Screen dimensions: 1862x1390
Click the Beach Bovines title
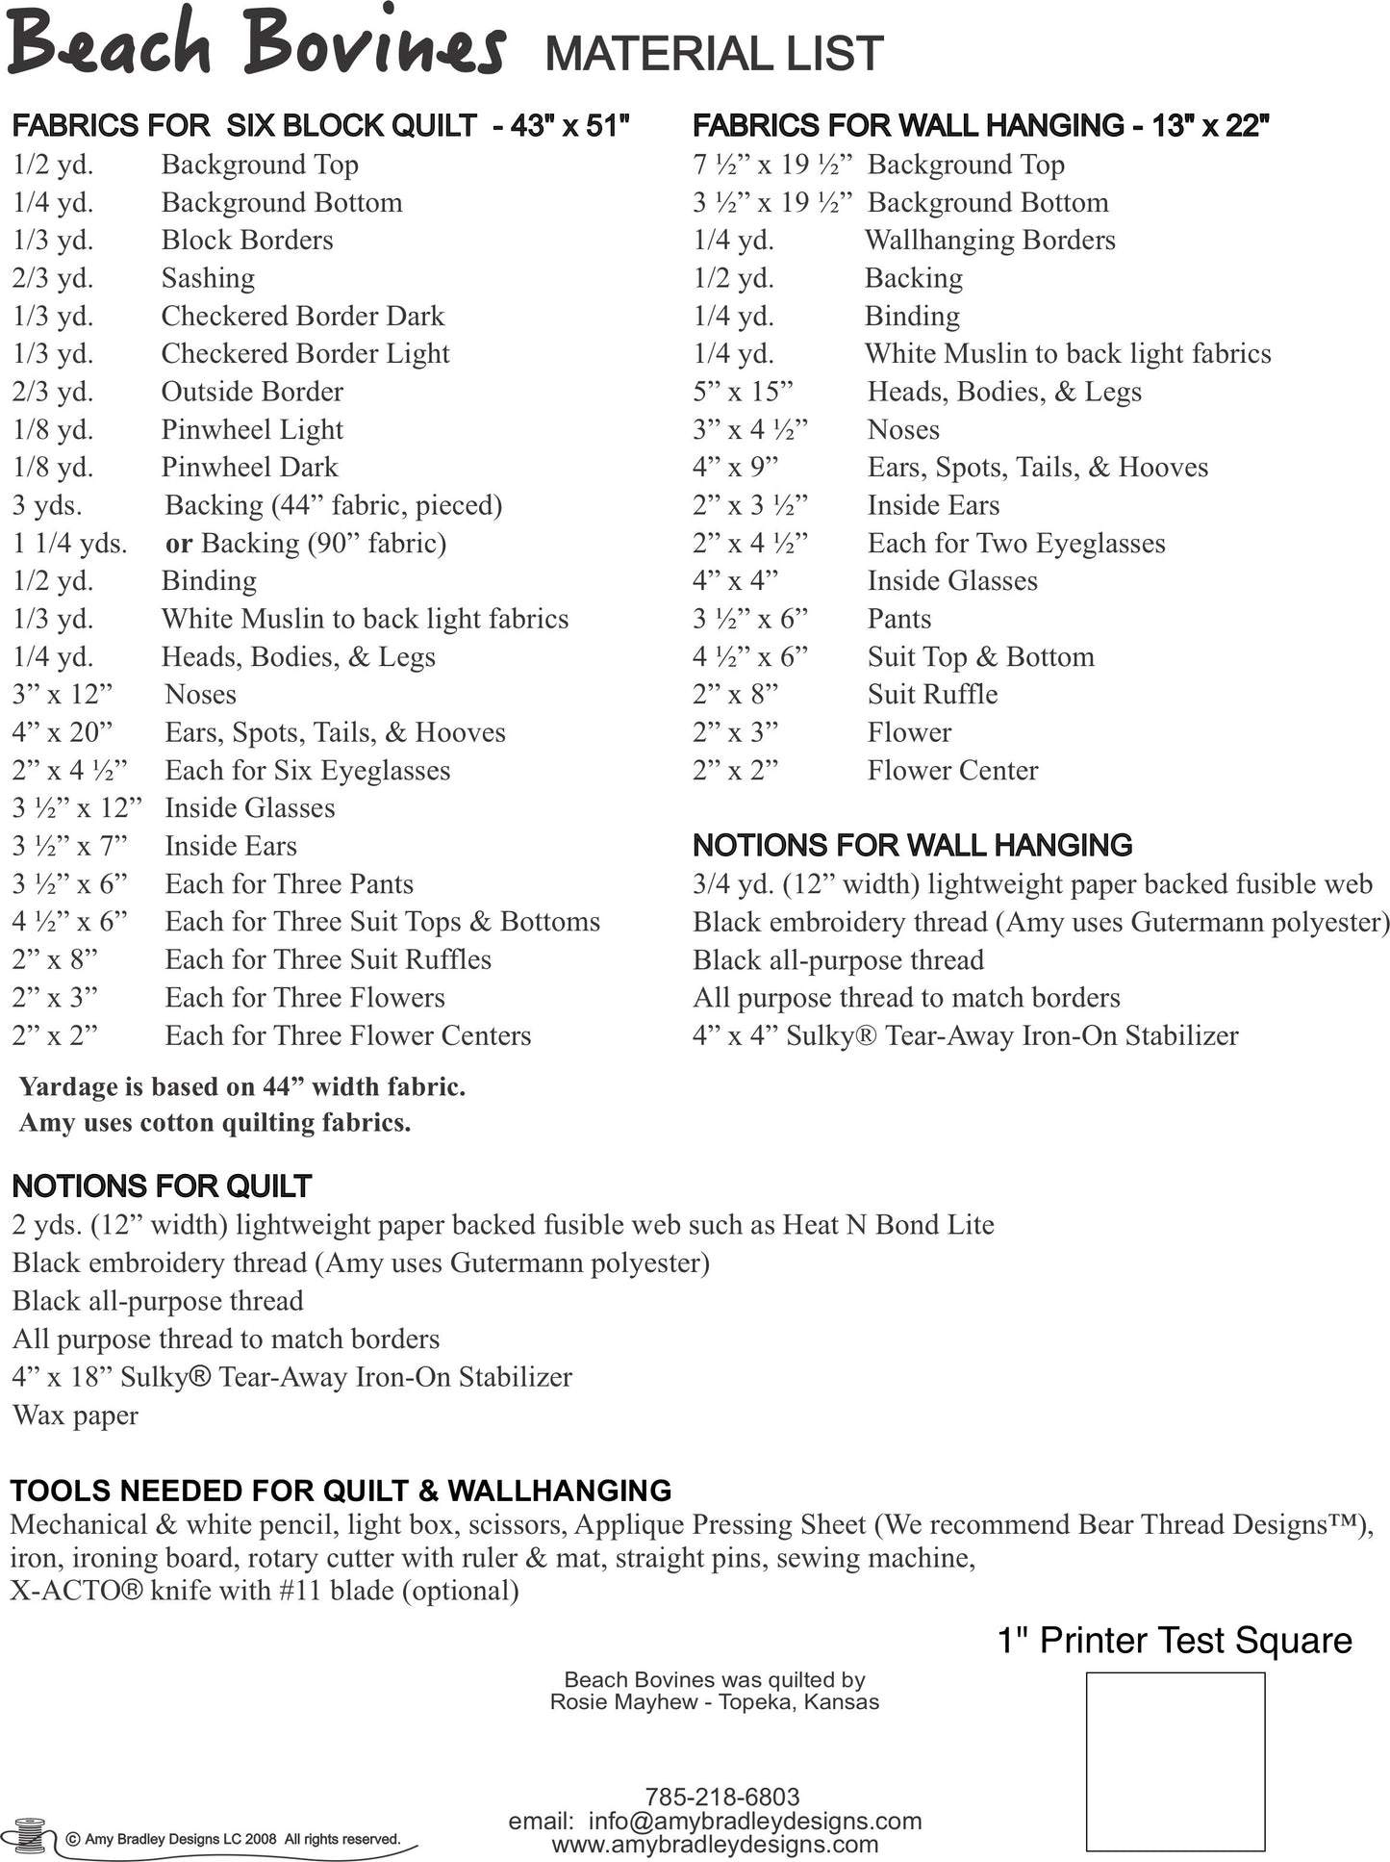[x=255, y=43]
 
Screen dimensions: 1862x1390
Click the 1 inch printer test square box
[x=1175, y=1761]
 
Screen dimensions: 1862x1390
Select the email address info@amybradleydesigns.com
[x=754, y=1821]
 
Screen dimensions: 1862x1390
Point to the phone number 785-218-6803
[x=721, y=1796]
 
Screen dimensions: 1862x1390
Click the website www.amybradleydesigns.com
[x=715, y=1844]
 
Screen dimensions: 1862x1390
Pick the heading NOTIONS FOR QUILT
[x=162, y=1186]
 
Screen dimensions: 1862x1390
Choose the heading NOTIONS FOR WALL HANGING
[x=912, y=845]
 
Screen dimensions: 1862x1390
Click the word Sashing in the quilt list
[x=208, y=278]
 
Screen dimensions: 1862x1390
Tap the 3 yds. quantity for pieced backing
[x=47, y=505]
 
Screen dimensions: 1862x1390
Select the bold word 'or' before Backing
[x=179, y=544]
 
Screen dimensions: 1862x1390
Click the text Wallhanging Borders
[x=990, y=240]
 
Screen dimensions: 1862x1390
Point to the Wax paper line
[x=75, y=1416]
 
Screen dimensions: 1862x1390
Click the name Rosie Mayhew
[x=622, y=1701]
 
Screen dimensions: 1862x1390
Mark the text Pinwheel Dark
[x=249, y=468]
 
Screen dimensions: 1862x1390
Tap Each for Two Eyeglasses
[x=1016, y=544]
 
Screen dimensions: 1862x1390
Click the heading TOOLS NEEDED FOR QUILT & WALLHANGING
[x=341, y=1490]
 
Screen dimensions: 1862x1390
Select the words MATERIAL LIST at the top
[x=714, y=54]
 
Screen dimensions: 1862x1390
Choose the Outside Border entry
[x=252, y=392]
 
